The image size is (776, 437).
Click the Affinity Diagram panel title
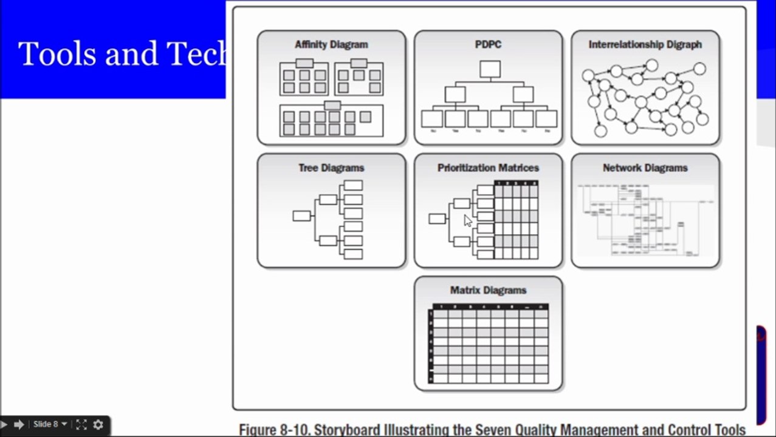click(331, 44)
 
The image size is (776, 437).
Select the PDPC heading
click(488, 44)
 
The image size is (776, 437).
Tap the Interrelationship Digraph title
click(645, 44)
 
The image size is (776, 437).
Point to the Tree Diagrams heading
click(331, 168)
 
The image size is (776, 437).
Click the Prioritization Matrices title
click(488, 168)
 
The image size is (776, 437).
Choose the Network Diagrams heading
click(645, 168)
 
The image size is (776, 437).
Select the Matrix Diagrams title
click(488, 290)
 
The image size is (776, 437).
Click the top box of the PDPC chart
click(490, 69)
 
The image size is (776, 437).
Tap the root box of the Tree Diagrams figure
click(301, 215)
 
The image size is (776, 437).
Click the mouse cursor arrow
click(467, 220)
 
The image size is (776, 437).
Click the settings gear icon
click(98, 425)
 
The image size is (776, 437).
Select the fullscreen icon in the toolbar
click(81, 425)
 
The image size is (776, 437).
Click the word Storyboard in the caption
click(352, 430)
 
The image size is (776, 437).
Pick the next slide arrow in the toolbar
click(19, 425)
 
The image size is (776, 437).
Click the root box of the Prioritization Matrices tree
click(437, 218)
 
